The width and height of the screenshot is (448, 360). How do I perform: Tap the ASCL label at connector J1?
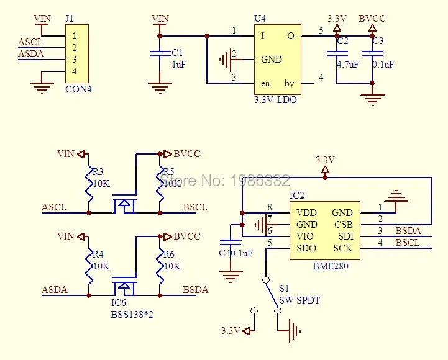30,42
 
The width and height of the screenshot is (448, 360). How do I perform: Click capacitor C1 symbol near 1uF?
160,56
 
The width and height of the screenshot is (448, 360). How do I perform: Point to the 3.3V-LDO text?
275,99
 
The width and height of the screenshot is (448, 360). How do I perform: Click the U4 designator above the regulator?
260,19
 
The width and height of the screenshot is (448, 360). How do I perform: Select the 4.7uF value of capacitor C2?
347,64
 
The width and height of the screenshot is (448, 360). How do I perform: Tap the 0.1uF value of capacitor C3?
382,64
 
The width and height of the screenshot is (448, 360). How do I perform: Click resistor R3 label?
98,172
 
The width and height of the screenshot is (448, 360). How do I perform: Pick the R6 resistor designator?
168,254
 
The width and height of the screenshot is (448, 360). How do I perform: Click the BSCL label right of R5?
195,207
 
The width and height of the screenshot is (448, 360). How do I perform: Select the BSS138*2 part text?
132,315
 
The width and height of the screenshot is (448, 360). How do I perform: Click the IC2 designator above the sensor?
297,196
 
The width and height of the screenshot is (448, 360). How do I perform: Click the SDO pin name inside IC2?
306,248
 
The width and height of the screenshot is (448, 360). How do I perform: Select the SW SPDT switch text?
299,300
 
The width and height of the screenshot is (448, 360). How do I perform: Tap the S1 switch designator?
284,289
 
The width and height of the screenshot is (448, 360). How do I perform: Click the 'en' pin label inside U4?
265,83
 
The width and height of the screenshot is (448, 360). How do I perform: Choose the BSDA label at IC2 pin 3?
408,231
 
